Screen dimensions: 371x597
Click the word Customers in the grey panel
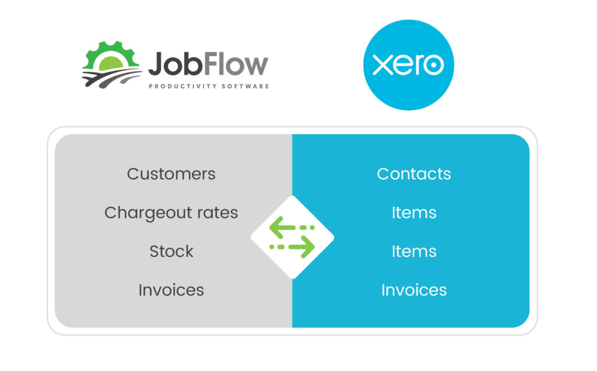tap(171, 174)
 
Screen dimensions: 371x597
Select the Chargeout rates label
tap(171, 213)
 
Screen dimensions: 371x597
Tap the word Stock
tap(171, 251)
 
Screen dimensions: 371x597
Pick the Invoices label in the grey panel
tap(171, 289)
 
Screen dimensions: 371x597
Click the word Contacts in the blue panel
tap(414, 174)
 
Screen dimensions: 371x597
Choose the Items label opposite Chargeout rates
tap(414, 213)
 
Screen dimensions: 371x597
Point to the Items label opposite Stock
tap(414, 251)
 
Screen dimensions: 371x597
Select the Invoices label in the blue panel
tap(414, 289)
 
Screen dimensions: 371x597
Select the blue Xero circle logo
tap(408, 65)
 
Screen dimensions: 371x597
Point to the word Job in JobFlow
tap(171, 64)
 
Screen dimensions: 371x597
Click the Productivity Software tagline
tap(208, 86)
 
